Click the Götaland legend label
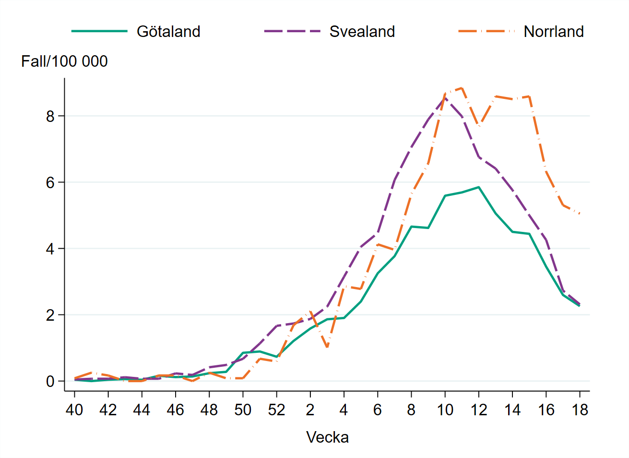coord(168,32)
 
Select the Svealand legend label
coord(362,32)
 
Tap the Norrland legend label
coord(553,32)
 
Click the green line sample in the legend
coord(99,31)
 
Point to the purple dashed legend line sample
coord(292,31)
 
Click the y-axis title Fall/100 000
coord(64,61)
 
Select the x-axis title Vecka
coord(327,437)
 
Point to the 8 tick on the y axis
coord(50,116)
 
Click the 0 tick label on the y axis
coord(50,382)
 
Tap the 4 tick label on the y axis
coord(50,249)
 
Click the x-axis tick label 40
coord(74,410)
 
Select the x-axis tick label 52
coord(276,410)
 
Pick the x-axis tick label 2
coord(310,410)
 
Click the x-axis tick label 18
coord(580,410)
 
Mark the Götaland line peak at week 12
coord(478,187)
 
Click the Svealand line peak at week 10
coord(445,97)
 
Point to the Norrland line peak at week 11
coord(462,88)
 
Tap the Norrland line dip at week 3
coord(327,347)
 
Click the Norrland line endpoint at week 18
coord(580,214)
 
